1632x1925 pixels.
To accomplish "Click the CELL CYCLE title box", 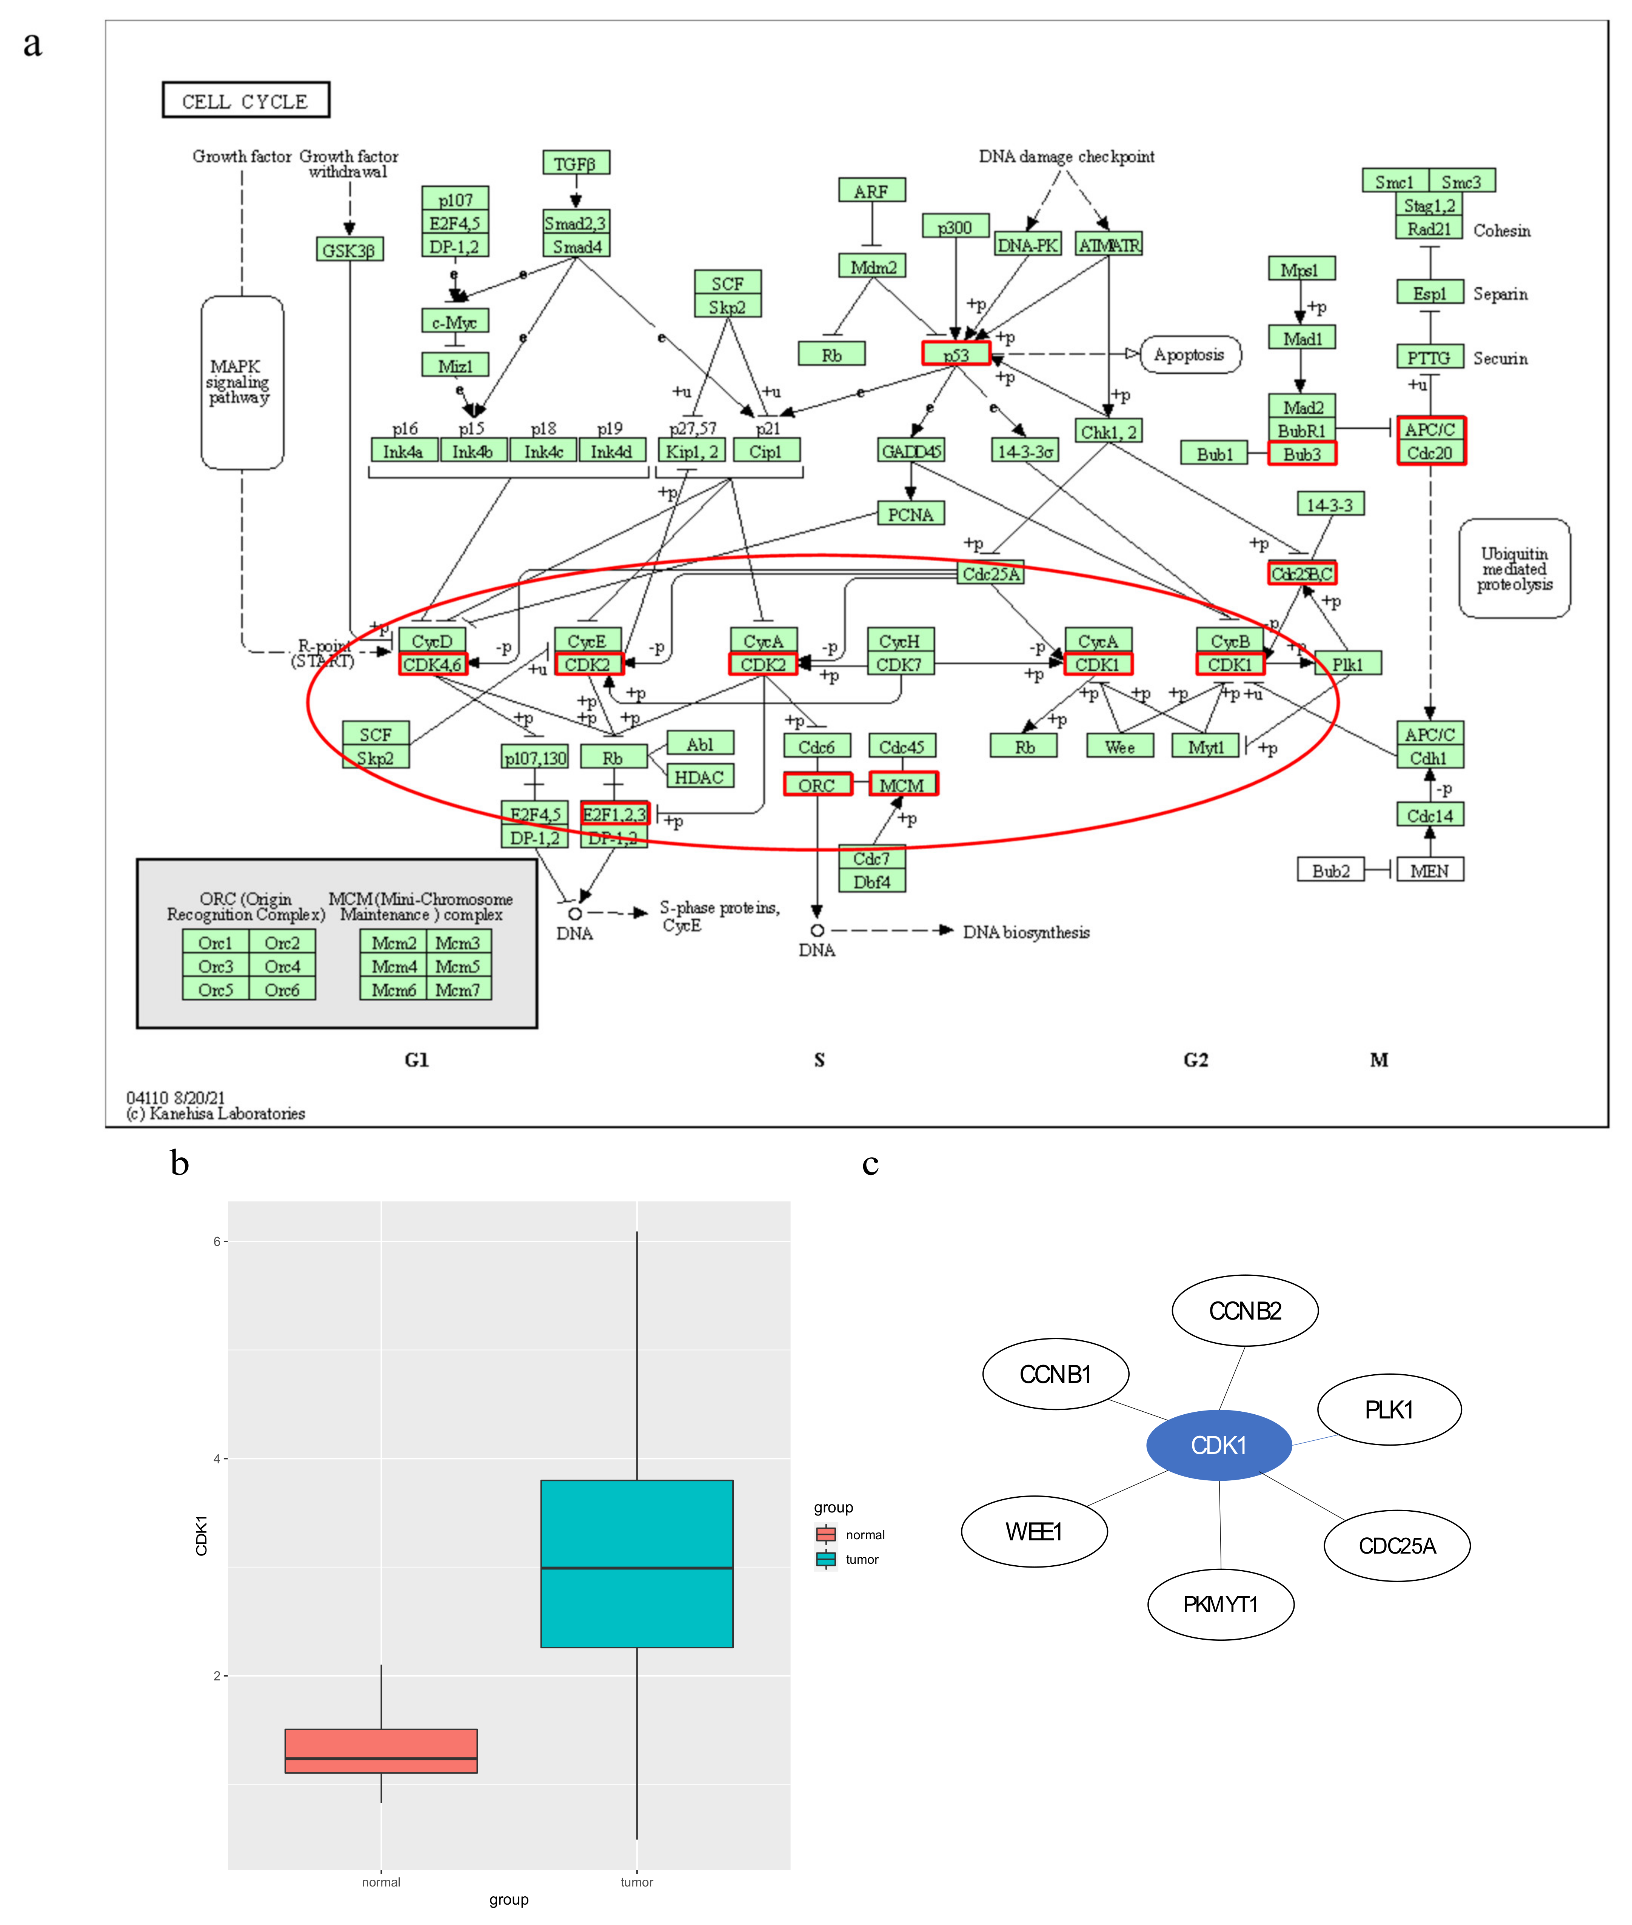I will (245, 100).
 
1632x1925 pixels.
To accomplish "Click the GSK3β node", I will (349, 250).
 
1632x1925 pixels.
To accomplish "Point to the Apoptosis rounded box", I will (1190, 354).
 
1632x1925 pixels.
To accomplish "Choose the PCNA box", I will (910, 514).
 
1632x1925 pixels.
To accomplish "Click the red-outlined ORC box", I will (817, 784).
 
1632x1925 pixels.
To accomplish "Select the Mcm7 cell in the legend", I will (458, 989).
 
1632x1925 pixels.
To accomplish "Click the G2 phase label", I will (1195, 1059).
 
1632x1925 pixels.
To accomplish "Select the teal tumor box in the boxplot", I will (636, 1563).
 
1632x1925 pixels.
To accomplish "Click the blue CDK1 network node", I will (1218, 1445).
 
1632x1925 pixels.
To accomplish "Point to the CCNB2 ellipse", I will (1244, 1311).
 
